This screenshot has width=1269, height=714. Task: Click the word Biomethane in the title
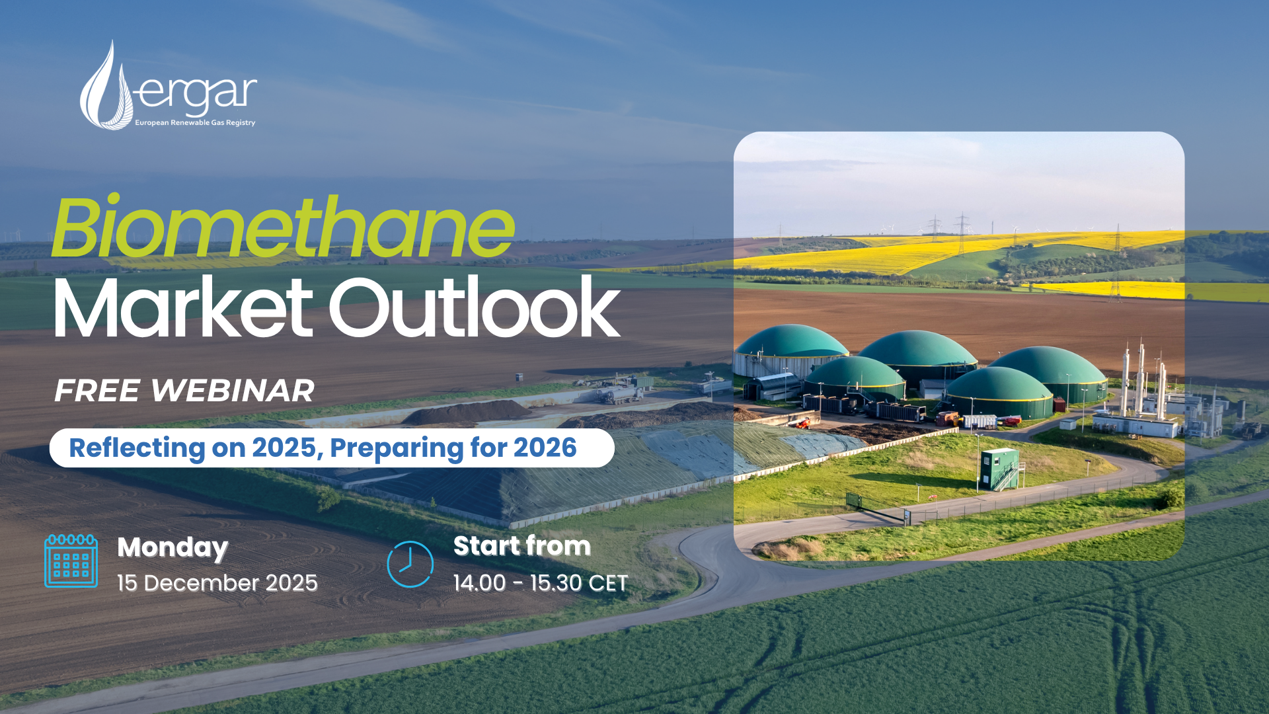283,227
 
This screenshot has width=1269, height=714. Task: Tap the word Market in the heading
183,307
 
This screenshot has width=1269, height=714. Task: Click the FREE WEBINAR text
184,390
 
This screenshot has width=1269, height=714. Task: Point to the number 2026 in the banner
545,448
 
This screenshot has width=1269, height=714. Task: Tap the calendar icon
71,561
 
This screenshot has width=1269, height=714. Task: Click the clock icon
410,564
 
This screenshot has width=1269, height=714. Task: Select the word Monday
173,548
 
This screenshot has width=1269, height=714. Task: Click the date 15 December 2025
217,583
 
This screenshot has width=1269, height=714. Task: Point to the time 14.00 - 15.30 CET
541,583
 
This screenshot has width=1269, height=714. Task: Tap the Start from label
522,546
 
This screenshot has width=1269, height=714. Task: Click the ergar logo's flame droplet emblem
106,85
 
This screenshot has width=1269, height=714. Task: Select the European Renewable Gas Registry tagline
195,122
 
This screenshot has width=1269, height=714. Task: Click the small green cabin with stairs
1000,469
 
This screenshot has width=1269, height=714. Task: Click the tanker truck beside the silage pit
620,395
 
